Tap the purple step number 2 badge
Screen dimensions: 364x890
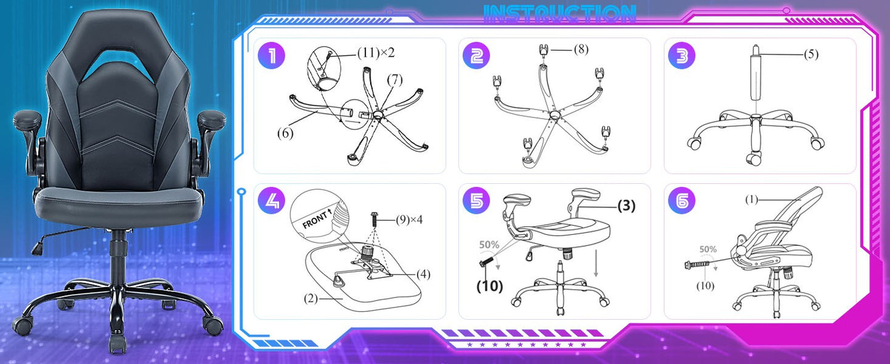(476, 56)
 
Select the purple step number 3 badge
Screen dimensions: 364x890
(681, 56)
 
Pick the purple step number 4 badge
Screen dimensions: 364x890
(272, 200)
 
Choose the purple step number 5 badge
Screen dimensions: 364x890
(476, 200)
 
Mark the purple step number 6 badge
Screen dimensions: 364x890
(681, 200)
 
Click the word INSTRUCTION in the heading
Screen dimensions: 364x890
(560, 14)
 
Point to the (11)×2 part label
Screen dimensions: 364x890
(376, 53)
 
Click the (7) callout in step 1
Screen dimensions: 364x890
(395, 79)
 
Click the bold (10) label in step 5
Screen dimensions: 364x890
(489, 286)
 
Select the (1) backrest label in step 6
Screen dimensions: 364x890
(751, 199)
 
